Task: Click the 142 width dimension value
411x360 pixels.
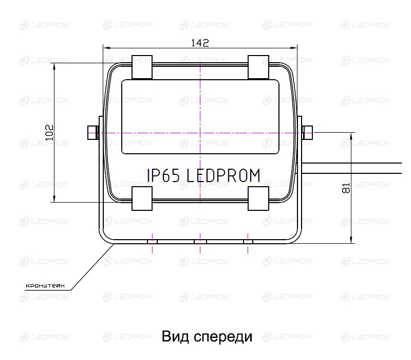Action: click(x=200, y=43)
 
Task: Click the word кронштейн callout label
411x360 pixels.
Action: click(x=45, y=286)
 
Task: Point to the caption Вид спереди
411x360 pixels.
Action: click(x=207, y=337)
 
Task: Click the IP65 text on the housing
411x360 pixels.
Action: click(x=163, y=175)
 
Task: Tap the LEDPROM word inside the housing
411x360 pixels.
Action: click(x=223, y=175)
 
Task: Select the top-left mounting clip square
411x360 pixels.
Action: click(x=142, y=67)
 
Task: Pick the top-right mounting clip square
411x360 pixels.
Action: click(x=258, y=67)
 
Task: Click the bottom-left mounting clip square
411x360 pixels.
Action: click(x=142, y=199)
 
